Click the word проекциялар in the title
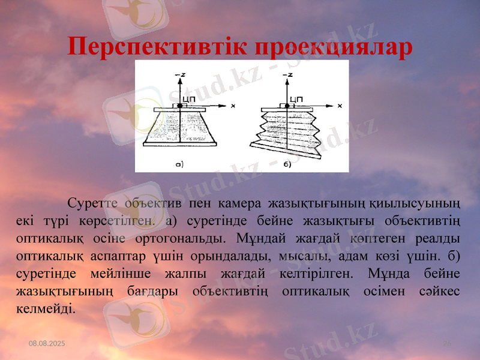[x=334, y=47]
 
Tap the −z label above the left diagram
[x=178, y=74]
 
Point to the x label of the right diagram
[x=340, y=106]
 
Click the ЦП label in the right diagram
[x=296, y=99]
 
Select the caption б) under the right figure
[x=287, y=163]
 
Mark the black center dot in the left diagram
[x=179, y=106]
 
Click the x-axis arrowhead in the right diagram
[x=330, y=106]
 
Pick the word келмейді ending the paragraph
[x=43, y=309]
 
